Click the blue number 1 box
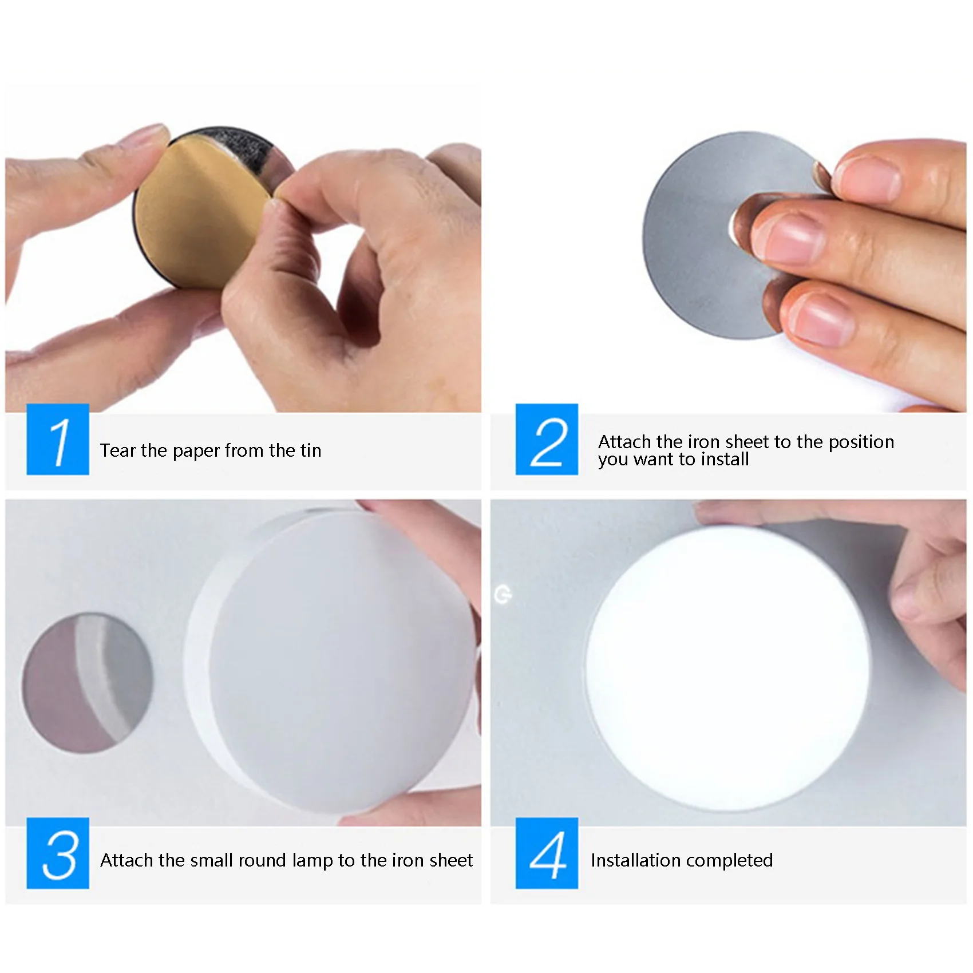pos(58,439)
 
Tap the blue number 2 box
pos(547,439)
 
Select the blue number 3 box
pos(58,853)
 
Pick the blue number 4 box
pos(547,853)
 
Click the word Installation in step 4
pos(632,860)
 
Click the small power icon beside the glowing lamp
pos(503,595)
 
